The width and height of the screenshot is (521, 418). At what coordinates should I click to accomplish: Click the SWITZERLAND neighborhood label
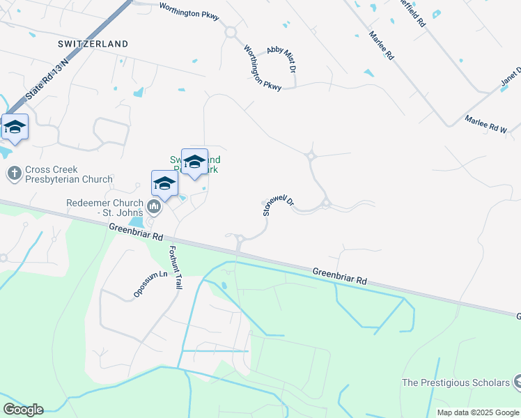pos(93,44)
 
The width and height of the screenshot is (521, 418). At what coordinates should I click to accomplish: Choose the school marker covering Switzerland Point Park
pos(194,162)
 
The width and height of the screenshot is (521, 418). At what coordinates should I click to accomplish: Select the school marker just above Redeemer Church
pos(164,184)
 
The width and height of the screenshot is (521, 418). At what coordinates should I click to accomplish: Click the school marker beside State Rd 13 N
pos(15,127)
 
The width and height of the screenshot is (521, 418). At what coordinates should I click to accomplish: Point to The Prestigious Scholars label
pos(456,382)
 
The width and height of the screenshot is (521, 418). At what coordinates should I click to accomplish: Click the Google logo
pos(23,410)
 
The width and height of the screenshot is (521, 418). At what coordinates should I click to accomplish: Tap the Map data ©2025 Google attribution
pos(479,412)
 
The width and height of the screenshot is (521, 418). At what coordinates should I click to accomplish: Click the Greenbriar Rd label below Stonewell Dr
pos(339,275)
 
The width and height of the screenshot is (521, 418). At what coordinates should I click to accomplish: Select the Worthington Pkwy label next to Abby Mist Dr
pos(262,68)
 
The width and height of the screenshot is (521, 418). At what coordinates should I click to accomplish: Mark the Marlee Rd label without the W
pos(382,46)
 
